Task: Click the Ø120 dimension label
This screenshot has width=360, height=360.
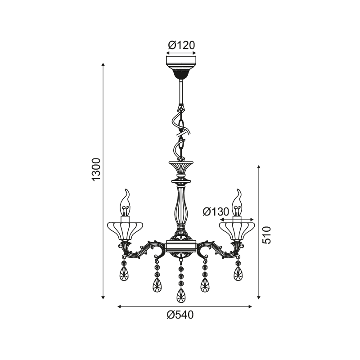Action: click(181, 45)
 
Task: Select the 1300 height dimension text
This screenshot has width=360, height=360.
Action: click(96, 170)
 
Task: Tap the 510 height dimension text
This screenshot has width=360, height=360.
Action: click(266, 235)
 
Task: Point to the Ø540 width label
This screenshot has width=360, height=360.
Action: click(180, 315)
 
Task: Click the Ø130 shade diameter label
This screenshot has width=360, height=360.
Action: click(216, 211)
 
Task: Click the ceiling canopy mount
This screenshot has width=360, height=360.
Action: click(181, 67)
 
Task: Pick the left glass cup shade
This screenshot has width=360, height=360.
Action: click(126, 231)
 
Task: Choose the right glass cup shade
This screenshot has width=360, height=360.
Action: click(237, 231)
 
